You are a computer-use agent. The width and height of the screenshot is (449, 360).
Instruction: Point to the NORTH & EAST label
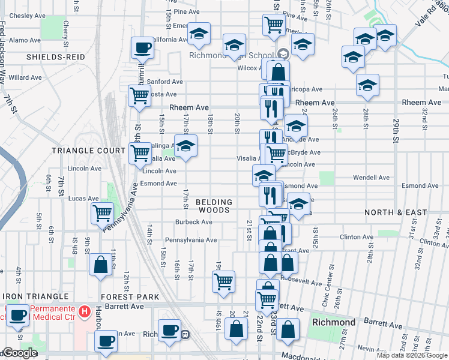[396, 212]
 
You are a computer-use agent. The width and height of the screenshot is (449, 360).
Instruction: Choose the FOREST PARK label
[130, 297]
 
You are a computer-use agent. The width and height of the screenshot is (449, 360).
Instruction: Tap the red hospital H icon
[85, 311]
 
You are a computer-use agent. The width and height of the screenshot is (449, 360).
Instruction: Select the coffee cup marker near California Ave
[143, 48]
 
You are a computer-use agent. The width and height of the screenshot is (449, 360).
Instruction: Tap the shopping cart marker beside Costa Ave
[139, 96]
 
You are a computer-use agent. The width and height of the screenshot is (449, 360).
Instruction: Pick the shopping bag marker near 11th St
[100, 265]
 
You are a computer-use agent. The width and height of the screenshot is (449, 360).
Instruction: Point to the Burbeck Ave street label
[193, 222]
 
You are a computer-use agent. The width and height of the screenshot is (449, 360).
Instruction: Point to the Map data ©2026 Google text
[412, 355]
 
